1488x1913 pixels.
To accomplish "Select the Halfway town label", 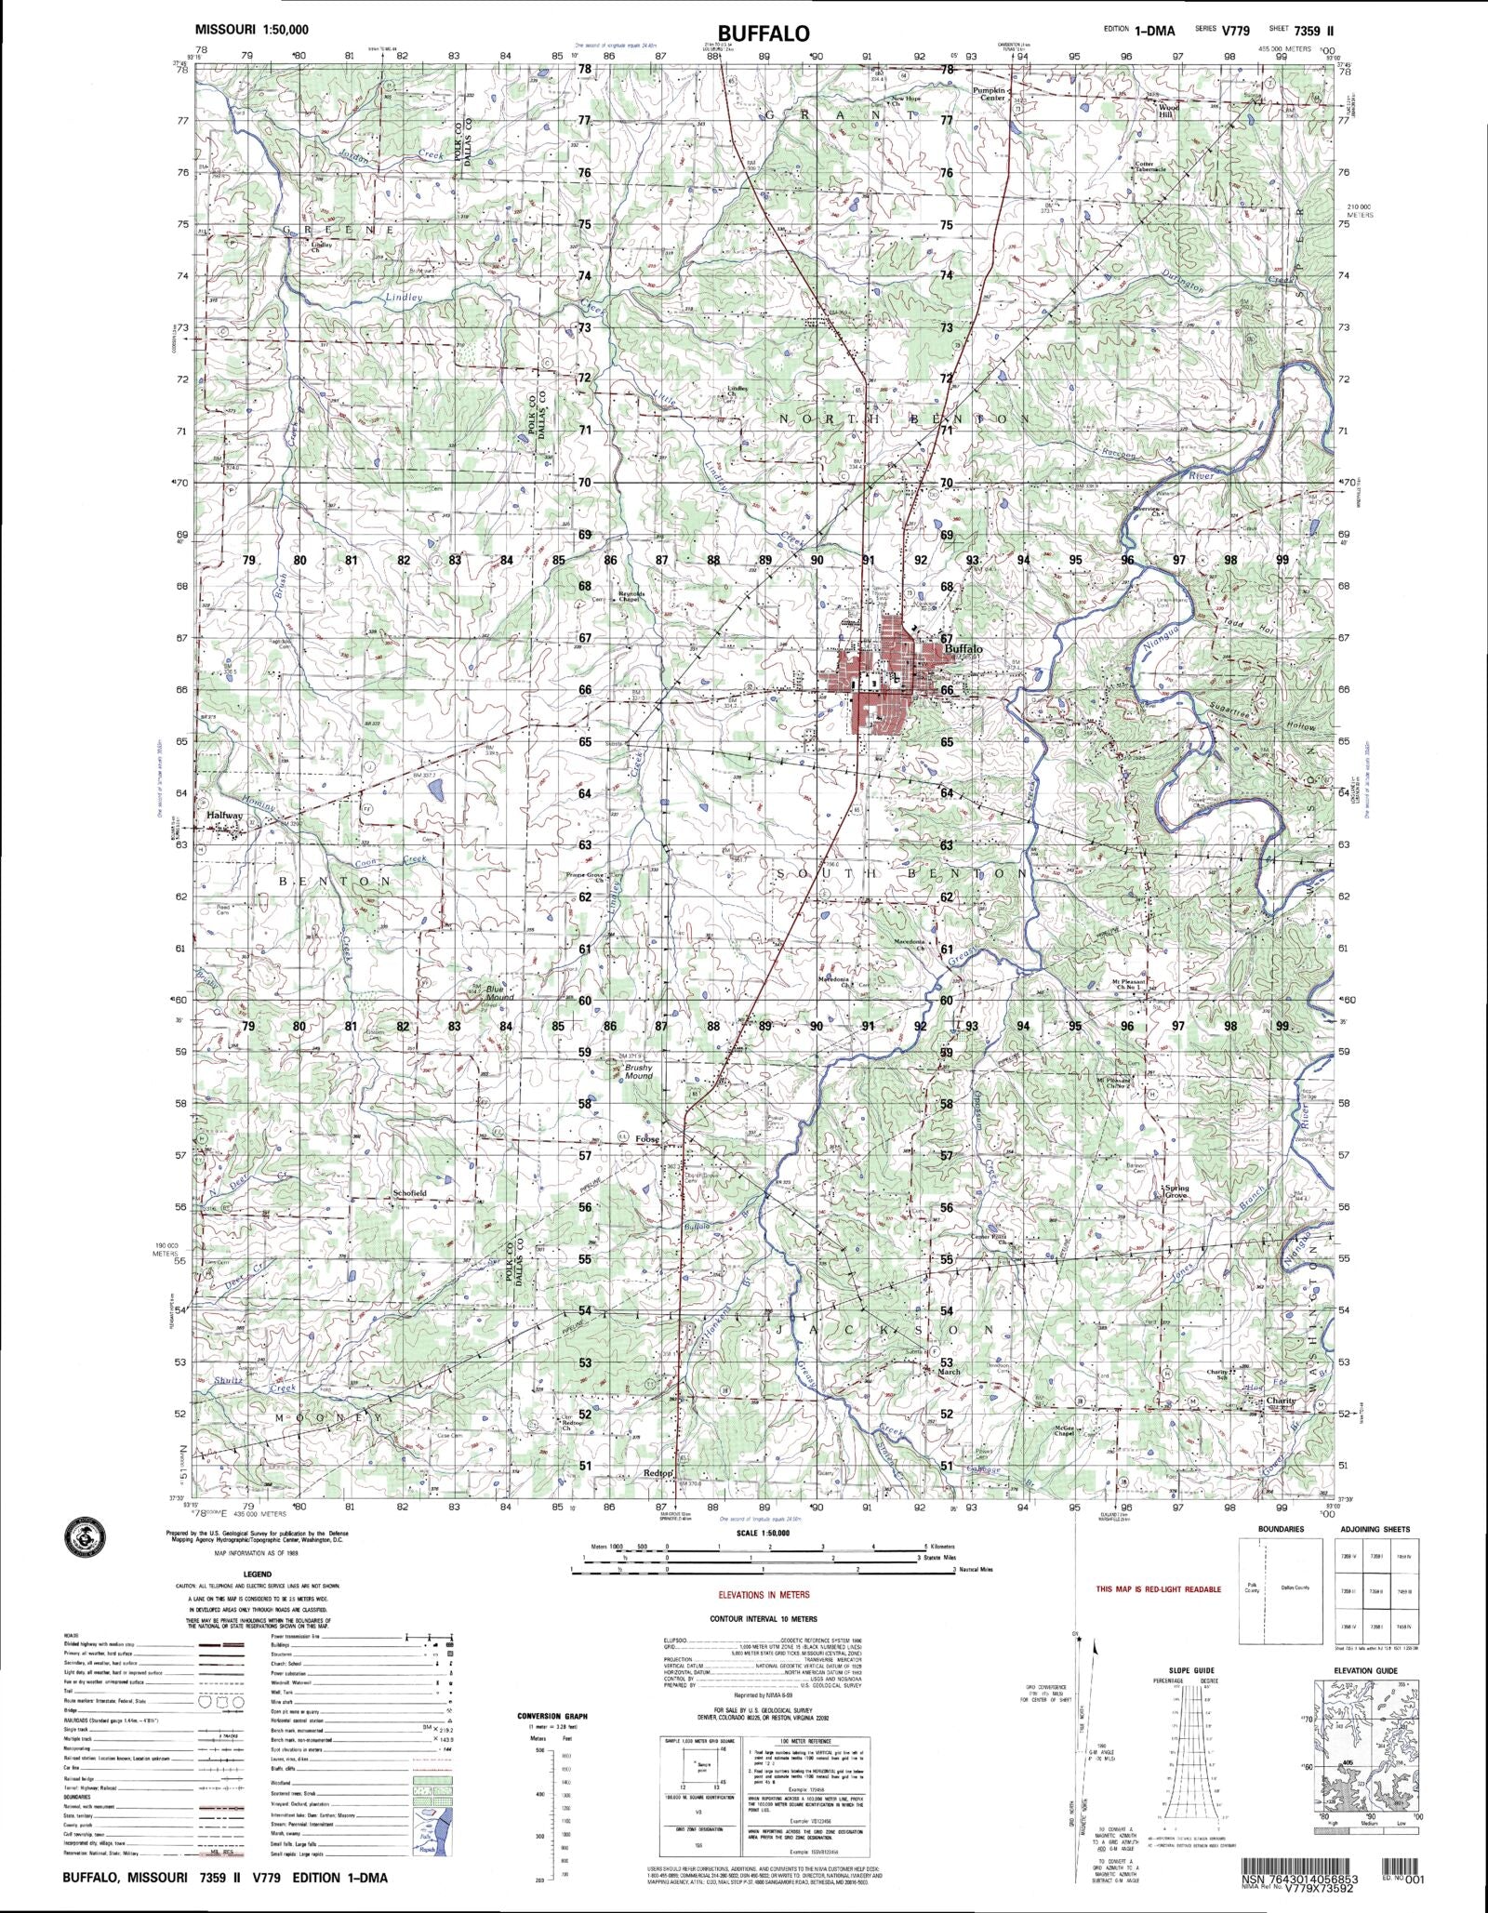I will point(224,816).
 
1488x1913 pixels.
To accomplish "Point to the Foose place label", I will point(647,1139).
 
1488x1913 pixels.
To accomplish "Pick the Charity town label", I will point(1280,1401).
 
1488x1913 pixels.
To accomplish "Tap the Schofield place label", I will point(409,1192).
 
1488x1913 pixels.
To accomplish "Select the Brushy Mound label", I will point(638,1071).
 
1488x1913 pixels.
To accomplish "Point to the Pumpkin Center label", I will point(990,94).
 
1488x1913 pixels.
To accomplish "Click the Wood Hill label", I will point(1169,111).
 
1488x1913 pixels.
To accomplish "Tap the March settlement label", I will point(949,1372).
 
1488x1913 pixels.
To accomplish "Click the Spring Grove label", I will point(1176,1191).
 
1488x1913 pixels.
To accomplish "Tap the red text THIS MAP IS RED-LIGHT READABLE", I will point(1158,1589).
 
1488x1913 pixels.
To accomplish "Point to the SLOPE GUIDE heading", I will point(1191,1670).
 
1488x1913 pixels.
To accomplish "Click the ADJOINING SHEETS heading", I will point(1375,1529).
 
